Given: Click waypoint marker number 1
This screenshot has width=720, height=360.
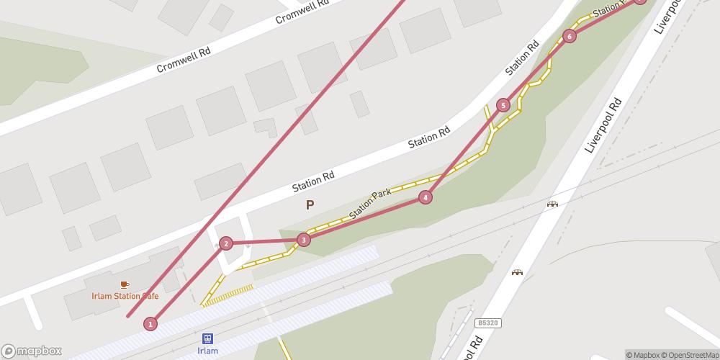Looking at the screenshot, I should [150, 324].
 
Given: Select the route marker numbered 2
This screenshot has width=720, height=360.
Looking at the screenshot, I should [226, 243].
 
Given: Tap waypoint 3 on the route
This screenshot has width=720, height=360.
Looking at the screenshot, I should [304, 240].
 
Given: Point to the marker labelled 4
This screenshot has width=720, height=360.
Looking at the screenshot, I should [426, 197].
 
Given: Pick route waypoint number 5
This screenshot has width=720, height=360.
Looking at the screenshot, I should [503, 106].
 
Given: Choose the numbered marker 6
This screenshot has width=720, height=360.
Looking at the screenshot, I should [570, 36].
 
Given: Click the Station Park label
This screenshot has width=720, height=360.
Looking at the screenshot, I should [369, 204].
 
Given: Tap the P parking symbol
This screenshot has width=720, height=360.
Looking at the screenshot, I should [310, 205].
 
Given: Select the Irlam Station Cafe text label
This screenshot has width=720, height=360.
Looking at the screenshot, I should [125, 296].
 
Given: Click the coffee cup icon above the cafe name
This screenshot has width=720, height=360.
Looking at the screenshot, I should [125, 284].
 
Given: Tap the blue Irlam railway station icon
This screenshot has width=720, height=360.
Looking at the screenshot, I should [207, 338].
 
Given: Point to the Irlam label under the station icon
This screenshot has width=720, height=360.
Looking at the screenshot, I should [207, 351].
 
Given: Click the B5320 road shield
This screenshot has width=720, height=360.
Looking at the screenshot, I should [487, 325].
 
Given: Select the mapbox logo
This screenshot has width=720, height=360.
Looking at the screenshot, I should [32, 351].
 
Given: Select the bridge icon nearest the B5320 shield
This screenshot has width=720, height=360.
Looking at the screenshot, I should [517, 272].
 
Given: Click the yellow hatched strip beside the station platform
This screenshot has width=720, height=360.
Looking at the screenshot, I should [228, 295].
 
